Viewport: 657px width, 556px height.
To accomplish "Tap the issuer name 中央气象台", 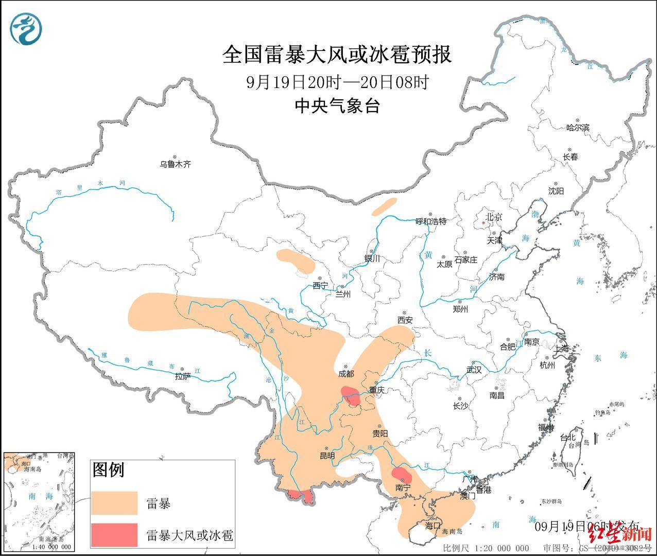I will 337,106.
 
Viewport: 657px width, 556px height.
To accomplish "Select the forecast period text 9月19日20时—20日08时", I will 337,82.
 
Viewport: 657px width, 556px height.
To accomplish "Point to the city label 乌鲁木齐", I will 175,164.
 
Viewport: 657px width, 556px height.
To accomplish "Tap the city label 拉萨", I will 182,376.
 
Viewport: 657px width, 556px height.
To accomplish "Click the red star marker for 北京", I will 482,223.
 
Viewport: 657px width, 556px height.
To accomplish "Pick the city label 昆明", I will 327,456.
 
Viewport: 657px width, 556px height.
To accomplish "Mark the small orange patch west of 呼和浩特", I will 384,206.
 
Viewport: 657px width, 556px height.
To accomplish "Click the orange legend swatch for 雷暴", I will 114,503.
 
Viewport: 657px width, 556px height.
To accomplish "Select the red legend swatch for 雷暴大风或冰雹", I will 114,535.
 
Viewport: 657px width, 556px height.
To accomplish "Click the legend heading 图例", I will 108,470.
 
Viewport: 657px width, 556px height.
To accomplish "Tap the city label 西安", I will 405,320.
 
